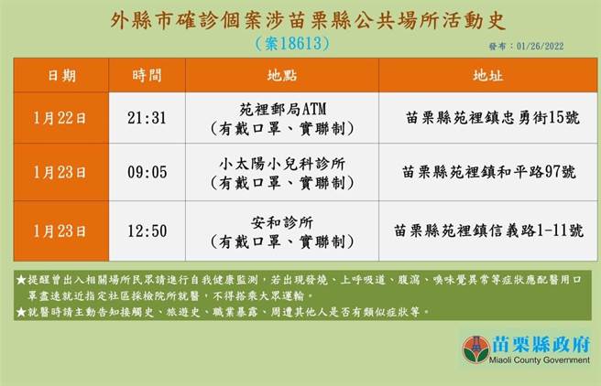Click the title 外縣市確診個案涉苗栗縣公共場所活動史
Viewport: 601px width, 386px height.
[x=302, y=19]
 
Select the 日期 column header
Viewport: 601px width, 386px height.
[x=61, y=74]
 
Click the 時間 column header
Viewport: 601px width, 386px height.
[x=152, y=74]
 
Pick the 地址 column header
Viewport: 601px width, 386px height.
[x=487, y=74]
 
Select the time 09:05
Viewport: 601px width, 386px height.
[x=152, y=171]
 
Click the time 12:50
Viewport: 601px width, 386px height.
[x=152, y=230]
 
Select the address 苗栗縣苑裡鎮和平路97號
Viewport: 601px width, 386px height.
[x=489, y=171]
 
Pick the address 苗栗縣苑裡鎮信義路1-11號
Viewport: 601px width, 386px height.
[x=489, y=231]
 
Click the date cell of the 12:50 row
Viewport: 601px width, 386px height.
[x=61, y=230]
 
